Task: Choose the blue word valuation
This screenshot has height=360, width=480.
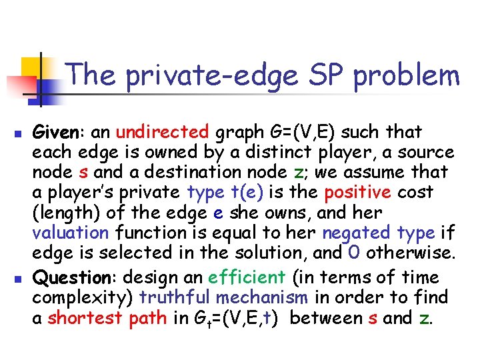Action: coord(70,233)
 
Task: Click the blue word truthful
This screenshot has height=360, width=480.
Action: coord(172,297)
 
